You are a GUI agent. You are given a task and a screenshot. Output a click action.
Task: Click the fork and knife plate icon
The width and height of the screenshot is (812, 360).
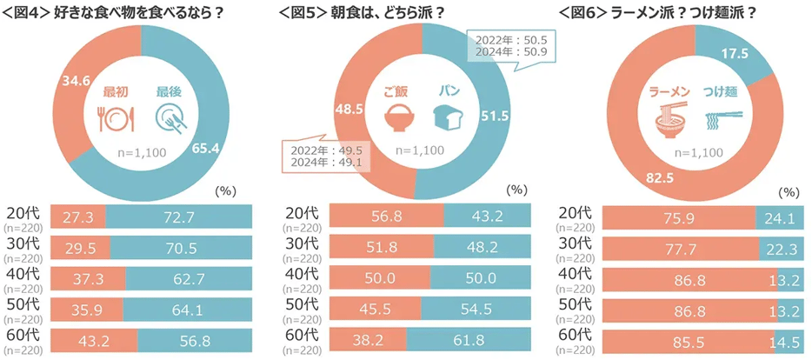point(115,117)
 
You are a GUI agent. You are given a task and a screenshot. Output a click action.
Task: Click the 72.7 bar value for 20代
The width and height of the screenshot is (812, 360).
point(177,217)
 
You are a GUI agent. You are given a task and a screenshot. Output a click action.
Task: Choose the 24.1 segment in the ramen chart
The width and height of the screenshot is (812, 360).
point(780,217)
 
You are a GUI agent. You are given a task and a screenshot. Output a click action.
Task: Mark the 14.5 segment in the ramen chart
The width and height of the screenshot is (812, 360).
point(785,341)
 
